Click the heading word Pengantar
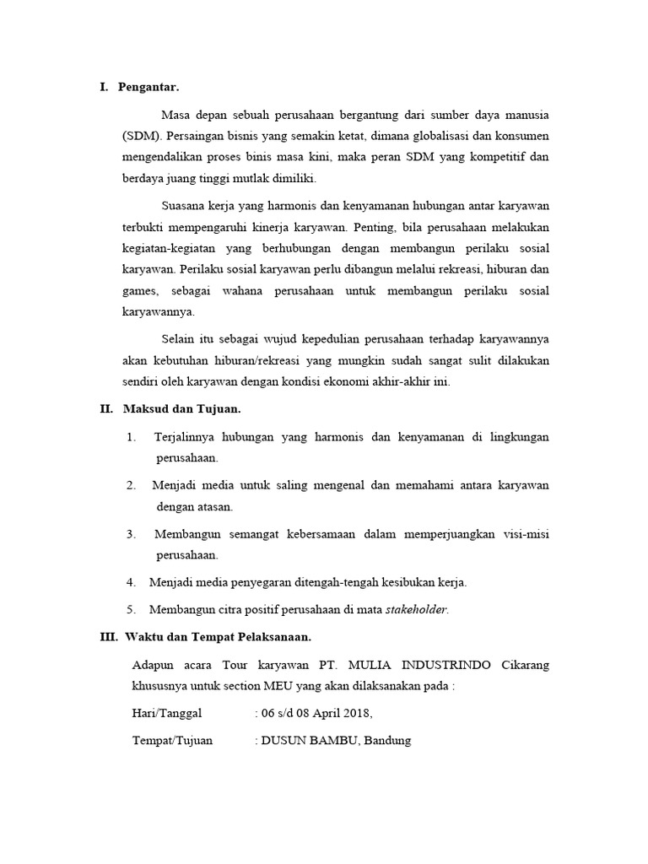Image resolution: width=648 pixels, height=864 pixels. pyautogui.click(x=148, y=87)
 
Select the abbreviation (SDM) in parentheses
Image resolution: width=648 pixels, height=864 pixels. pyautogui.click(x=143, y=136)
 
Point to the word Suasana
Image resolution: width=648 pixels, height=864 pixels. pyautogui.click(x=185, y=206)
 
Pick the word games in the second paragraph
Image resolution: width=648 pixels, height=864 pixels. pyautogui.click(x=141, y=290)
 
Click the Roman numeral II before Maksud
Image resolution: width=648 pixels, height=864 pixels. pyautogui.click(x=106, y=409)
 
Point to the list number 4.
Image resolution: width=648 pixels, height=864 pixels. pyautogui.click(x=132, y=582)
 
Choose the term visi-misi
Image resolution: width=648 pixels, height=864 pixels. pyautogui.click(x=523, y=534)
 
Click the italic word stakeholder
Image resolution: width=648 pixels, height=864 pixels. pyautogui.click(x=417, y=608)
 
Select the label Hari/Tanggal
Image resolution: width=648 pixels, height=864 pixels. pyautogui.click(x=167, y=713)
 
